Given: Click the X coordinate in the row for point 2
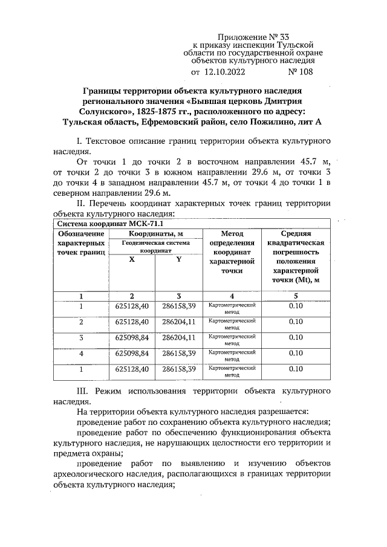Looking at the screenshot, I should click(131, 322).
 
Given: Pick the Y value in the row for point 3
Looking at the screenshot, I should click(179, 337).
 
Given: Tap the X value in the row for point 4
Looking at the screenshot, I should click(131, 353).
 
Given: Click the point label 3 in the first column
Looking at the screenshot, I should click(81, 337).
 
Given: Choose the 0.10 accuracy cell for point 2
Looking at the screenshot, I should click(296, 322).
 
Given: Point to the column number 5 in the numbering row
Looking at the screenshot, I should click(296, 296).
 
